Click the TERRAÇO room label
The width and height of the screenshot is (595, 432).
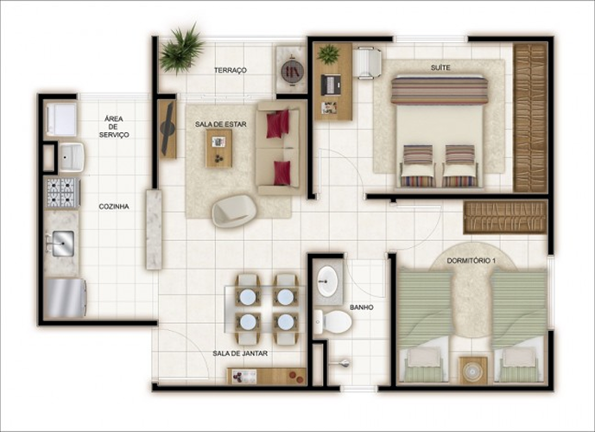pos(230,70)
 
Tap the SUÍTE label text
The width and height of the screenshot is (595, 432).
pos(440,67)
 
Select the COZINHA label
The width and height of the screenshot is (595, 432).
pos(114,206)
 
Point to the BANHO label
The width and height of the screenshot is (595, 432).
pos(362,308)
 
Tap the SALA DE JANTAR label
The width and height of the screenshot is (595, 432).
pos(240,353)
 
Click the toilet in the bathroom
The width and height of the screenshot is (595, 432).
pos(332,321)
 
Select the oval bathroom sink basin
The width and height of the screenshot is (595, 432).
pos(327,280)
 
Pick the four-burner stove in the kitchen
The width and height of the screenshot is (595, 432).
pos(62,193)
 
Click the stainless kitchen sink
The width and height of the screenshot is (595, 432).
pos(63,244)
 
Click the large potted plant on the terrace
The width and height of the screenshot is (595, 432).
pos(181,49)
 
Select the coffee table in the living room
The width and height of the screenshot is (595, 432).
pos(219,149)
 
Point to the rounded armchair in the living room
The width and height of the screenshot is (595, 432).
pos(234,211)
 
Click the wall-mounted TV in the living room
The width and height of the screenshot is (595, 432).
pos(168,129)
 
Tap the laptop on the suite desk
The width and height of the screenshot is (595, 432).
pos(331,85)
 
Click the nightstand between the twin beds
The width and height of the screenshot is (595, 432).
pos(473,371)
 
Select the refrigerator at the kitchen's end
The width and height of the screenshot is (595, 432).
pos(66,298)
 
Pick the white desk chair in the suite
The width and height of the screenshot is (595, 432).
pos(367,62)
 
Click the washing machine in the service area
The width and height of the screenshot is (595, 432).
pos(61,119)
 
